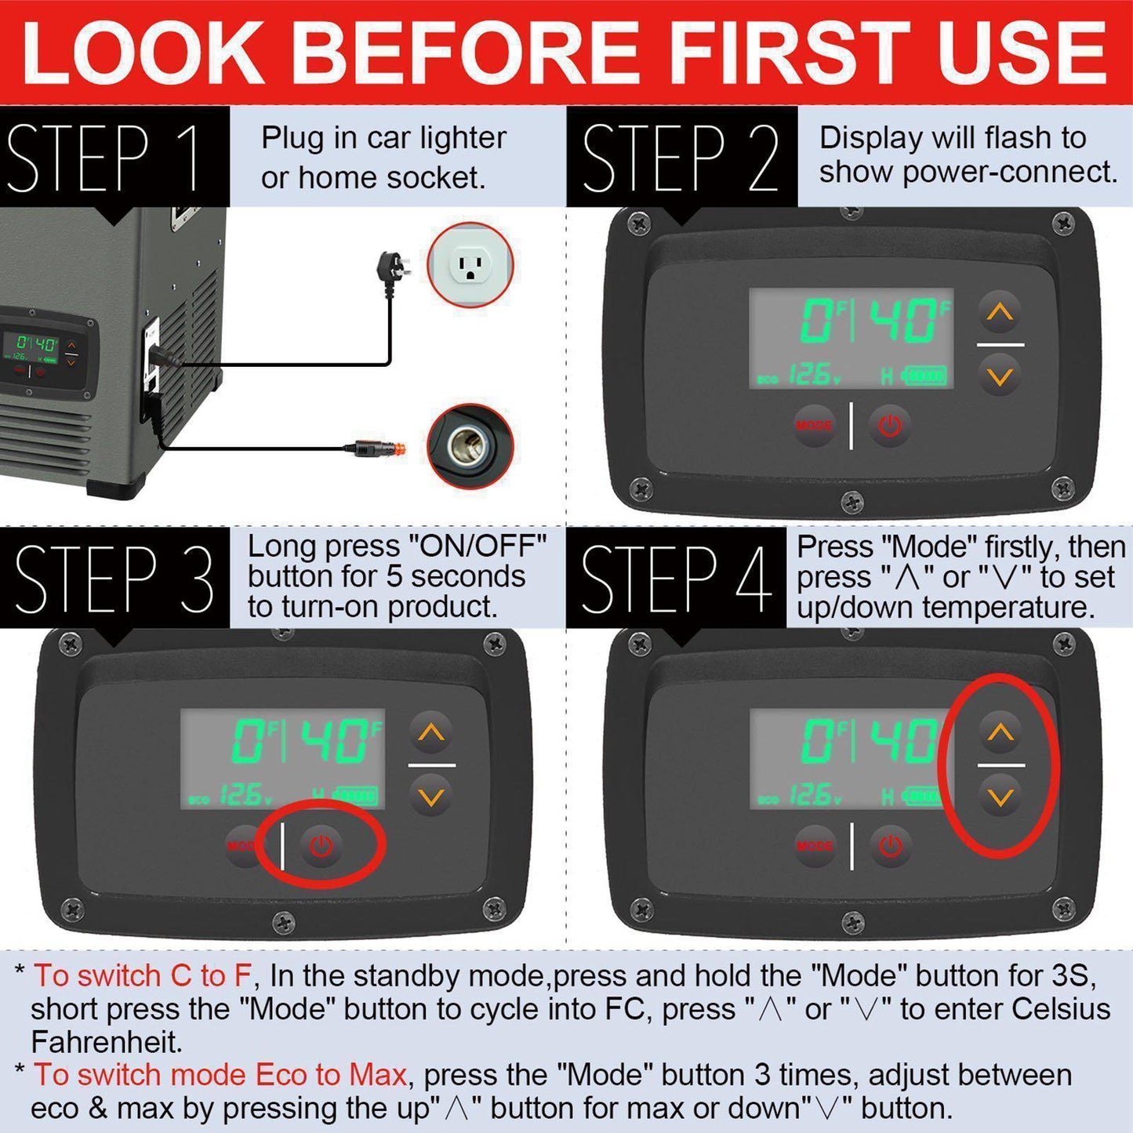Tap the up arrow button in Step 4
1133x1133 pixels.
pos(1000,732)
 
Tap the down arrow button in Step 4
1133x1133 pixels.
pos(1000,797)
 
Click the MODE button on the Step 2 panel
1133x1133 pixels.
pos(814,424)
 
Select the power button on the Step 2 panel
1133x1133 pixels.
pos(889,424)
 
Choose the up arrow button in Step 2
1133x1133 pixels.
pos(1000,311)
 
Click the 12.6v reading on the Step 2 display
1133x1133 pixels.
pos(815,375)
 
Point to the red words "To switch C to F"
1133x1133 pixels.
pos(143,975)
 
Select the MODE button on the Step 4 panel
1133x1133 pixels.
pos(814,845)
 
